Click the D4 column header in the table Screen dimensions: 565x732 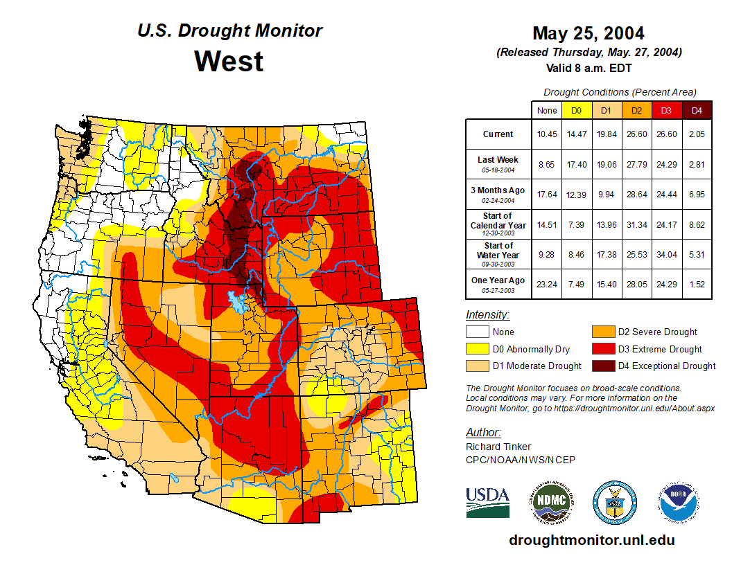coord(697,111)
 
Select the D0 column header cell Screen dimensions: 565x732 coord(576,111)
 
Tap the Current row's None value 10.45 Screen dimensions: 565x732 coord(547,134)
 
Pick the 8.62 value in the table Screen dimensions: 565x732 coord(697,225)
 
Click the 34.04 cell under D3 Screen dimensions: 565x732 coord(666,255)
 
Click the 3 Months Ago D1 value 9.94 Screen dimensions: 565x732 coord(607,195)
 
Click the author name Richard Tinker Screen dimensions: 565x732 coord(498,447)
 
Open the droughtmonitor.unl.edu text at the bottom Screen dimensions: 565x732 coord(591,540)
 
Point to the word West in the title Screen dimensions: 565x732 coord(229,61)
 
